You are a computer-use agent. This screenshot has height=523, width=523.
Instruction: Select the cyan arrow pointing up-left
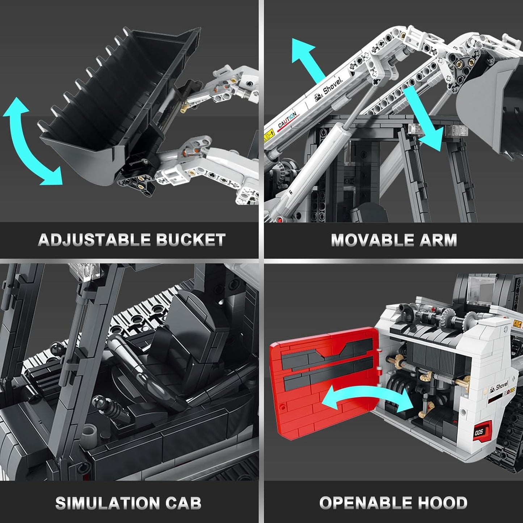click(308, 58)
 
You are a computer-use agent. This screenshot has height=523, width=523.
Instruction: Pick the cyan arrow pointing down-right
click(423, 119)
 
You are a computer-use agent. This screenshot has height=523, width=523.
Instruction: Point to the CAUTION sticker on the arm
click(287, 120)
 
